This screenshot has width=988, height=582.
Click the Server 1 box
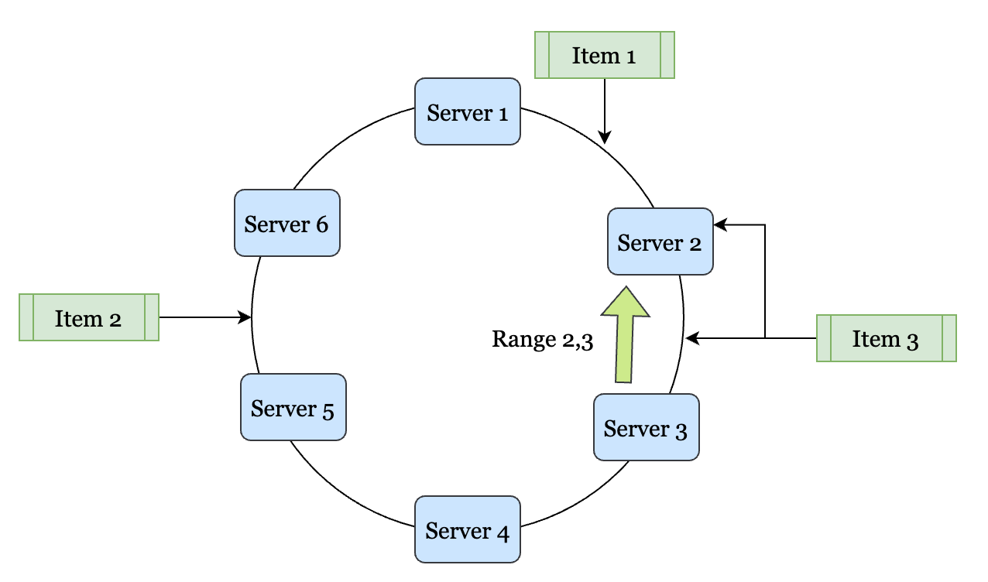[468, 111]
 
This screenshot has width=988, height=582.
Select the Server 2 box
[660, 241]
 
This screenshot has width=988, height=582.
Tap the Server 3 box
[646, 427]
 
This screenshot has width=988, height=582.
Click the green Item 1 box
[604, 55]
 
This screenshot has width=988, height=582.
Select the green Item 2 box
[89, 317]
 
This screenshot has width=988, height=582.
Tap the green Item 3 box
[886, 338]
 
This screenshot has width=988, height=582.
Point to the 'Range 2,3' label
[542, 340]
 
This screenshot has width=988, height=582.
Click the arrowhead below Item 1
[604, 137]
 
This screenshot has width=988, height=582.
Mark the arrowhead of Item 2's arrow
[245, 317]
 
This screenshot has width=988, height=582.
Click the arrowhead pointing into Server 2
[719, 225]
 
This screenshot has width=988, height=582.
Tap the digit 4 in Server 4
[502, 532]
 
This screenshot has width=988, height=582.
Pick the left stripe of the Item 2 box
[27, 317]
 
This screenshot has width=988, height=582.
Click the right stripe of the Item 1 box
[667, 55]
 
